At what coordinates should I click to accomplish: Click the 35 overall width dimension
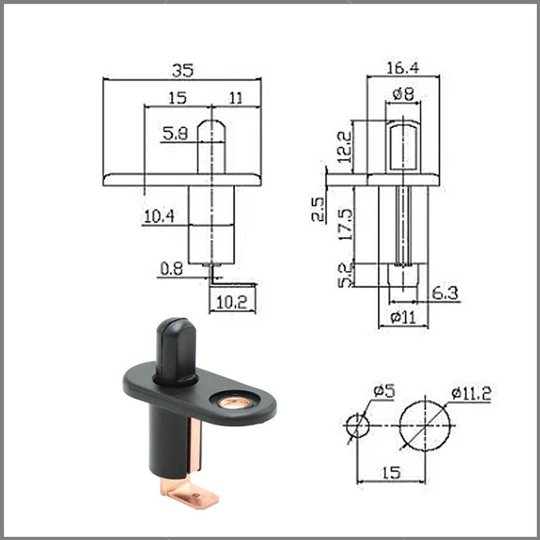coord(182,70)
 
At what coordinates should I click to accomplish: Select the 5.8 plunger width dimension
coord(175,133)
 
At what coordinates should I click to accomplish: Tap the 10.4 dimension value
coord(159,216)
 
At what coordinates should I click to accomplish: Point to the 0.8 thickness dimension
coord(171,268)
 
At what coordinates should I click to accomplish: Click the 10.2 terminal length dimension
coord(233,303)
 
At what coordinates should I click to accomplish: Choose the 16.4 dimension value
coord(402,68)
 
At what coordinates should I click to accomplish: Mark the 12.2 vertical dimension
coord(344,147)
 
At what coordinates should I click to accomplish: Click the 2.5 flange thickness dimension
coord(318,209)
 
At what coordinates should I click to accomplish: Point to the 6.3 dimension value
coord(445,293)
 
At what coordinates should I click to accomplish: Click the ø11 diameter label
coord(403,317)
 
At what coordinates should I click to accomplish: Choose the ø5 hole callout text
coord(384,391)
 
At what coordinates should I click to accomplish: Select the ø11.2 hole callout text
coord(470,394)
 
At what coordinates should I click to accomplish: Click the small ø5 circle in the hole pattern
coord(357,426)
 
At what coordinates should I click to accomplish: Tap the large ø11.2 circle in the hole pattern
coord(426,426)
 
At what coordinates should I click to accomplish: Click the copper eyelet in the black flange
coord(235,402)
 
